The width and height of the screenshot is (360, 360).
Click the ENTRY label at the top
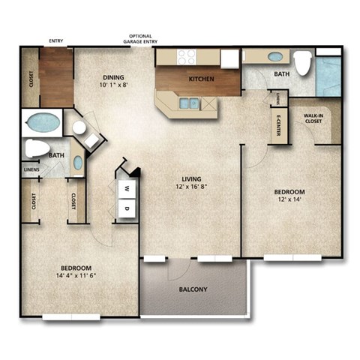(55, 41)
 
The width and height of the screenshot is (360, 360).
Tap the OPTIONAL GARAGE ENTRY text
(145, 39)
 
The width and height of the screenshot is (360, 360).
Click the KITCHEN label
(201, 79)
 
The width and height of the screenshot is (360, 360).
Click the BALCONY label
(193, 290)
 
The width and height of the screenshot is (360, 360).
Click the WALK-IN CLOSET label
(313, 118)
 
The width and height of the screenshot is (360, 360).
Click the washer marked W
(127, 189)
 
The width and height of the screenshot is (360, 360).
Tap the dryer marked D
(127, 208)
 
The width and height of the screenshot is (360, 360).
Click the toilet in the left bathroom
(37, 148)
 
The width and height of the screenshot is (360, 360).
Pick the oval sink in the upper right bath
(275, 56)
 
